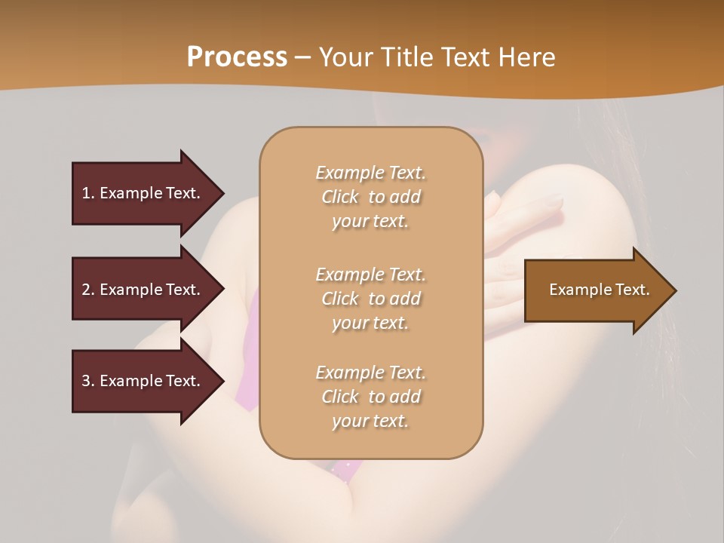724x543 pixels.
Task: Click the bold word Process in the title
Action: point(237,57)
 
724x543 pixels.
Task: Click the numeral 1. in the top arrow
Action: point(88,193)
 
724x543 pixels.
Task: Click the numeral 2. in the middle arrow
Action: point(88,290)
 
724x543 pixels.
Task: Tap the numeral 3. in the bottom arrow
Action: point(88,381)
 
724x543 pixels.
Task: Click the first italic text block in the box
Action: point(370,197)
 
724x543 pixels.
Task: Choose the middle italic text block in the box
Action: point(370,299)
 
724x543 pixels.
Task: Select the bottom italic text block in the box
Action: point(370,397)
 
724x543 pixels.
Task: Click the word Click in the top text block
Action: point(340,197)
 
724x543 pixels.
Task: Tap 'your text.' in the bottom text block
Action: point(370,422)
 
